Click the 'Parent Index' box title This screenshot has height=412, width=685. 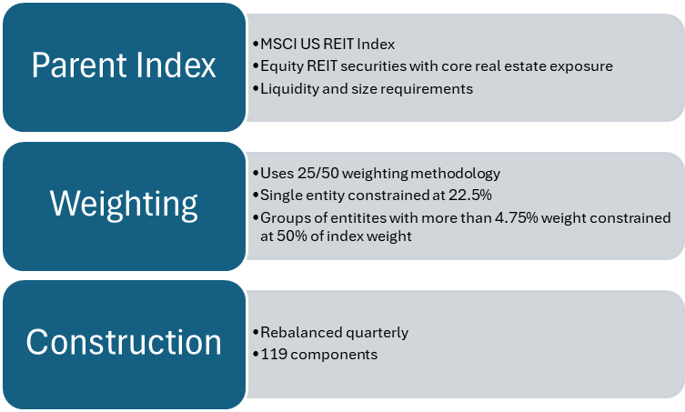(x=124, y=65)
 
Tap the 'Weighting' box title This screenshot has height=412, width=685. (x=124, y=203)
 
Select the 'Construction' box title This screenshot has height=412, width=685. (x=124, y=341)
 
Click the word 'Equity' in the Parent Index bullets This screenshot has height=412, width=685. (x=277, y=66)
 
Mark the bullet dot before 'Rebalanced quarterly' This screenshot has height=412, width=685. (x=253, y=332)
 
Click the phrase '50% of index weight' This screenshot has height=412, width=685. (x=337, y=236)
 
